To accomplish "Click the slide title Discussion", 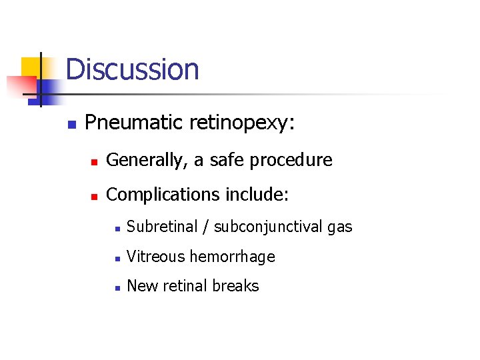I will pyautogui.click(x=132, y=69).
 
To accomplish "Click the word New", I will pyautogui.click(x=139, y=286).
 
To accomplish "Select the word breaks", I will pyautogui.click(x=236, y=286).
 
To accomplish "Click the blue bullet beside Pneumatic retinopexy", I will pyautogui.click(x=72, y=124).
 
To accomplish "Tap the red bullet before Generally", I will pyautogui.click(x=94, y=161).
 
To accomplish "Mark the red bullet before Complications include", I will pyautogui.click(x=94, y=196).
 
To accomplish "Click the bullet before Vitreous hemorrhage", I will pyautogui.click(x=117, y=258).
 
